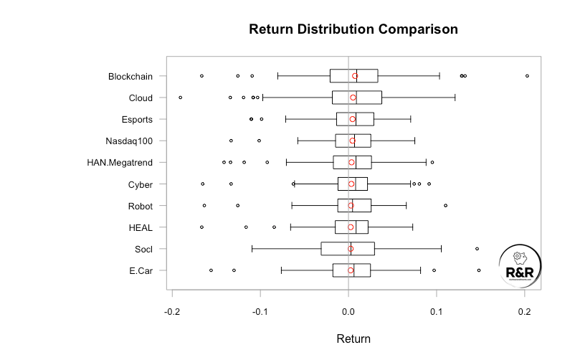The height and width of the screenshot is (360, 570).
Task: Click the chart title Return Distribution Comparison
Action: coord(353,29)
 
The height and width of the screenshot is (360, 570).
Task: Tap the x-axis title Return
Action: coord(353,338)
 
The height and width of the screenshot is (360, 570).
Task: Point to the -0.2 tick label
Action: coord(172,312)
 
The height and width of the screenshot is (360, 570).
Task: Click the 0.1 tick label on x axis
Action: coord(436,312)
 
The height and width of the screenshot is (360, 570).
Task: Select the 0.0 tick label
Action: coord(348,312)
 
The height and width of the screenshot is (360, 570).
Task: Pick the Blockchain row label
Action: coord(130,76)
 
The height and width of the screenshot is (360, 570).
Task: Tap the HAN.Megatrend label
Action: coord(120,162)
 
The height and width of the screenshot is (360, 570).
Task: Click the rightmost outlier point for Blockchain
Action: coord(527,76)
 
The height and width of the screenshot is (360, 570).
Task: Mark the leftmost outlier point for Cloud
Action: coord(180,98)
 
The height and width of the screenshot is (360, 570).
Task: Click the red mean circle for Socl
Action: coord(351,249)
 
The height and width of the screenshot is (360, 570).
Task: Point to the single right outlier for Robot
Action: coord(445,206)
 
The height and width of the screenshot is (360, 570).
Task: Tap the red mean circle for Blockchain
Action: coord(355,76)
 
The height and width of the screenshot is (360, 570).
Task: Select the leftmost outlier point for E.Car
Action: coord(211,270)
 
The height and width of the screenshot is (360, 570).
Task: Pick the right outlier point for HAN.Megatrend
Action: coord(432,162)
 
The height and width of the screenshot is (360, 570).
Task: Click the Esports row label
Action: coord(136,119)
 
